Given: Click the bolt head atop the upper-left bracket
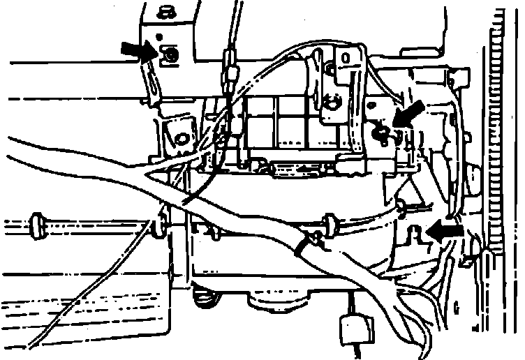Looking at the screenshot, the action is pos(165,12).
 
